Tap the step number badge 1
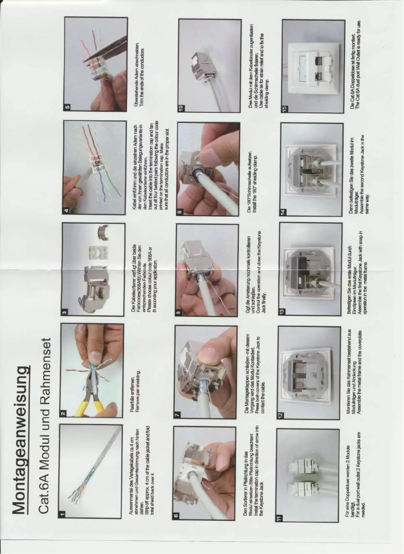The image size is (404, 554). [62, 513]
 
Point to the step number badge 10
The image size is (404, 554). [181, 107]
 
